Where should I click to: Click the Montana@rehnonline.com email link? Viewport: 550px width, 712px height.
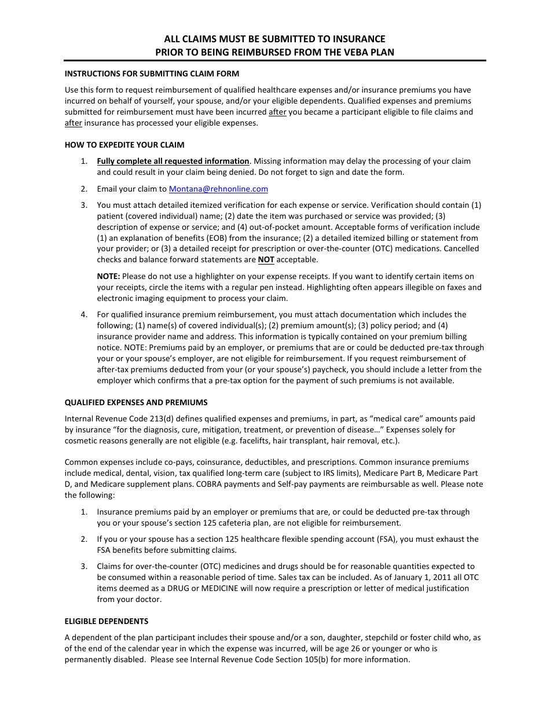(218, 189)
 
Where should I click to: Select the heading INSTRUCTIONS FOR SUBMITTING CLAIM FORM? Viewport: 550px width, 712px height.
(152, 74)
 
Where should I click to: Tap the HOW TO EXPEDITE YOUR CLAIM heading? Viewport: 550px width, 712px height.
(124, 145)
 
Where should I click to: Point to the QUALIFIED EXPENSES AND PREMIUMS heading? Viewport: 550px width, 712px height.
(136, 402)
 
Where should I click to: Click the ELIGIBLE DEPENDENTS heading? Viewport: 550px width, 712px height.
(107, 621)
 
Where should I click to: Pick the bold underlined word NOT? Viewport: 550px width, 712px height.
(266, 260)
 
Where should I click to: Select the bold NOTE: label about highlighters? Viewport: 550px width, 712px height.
(108, 276)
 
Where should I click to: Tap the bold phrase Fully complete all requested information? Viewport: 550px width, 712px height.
(173, 161)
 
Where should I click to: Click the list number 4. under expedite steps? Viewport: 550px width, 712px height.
(84, 314)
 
